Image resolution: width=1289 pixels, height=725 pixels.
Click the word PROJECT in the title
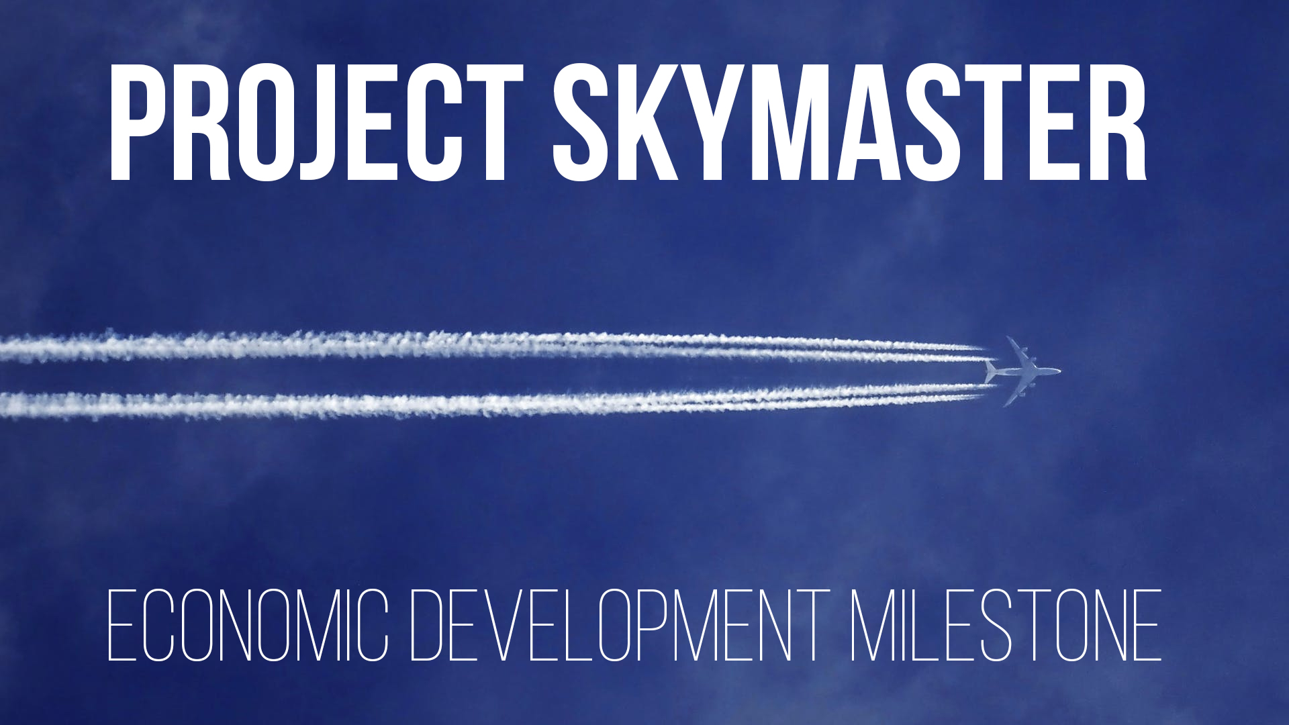click(x=316, y=123)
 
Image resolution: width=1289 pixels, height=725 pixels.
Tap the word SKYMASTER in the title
click(x=849, y=123)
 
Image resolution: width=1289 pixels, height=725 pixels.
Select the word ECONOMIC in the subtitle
click(x=248, y=626)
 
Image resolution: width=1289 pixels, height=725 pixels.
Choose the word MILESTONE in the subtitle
click(x=1006, y=626)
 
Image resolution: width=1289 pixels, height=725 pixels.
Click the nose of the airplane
click(x=1059, y=371)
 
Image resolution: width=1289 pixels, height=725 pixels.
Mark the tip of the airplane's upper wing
click(x=1008, y=338)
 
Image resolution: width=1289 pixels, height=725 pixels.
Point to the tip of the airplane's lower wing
click(x=1005, y=405)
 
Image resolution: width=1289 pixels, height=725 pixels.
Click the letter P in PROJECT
click(x=138, y=123)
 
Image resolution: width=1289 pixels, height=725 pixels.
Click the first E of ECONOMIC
click(x=122, y=626)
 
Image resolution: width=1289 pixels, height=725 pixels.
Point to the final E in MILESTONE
click(x=1147, y=626)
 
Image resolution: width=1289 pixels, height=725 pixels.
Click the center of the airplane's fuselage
click(x=1023, y=371)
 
